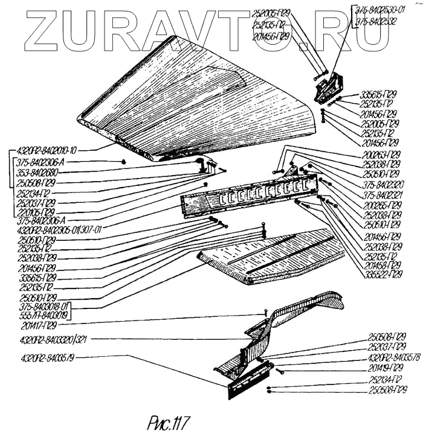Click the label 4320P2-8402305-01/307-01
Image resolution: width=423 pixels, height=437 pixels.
[x=59, y=230]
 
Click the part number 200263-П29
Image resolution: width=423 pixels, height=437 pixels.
[x=378, y=155]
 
